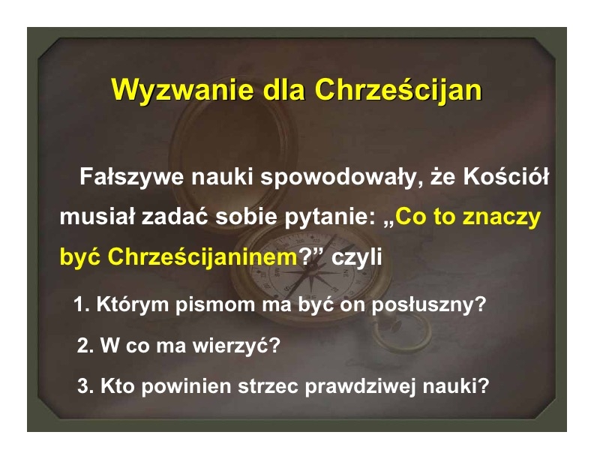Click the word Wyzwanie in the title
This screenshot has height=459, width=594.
(x=182, y=91)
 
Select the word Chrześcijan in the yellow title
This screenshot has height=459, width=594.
(x=398, y=91)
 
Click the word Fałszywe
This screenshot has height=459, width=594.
(x=132, y=176)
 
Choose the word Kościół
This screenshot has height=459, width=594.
(x=505, y=176)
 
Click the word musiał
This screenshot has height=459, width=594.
(x=97, y=217)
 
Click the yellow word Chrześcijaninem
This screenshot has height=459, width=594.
(x=202, y=257)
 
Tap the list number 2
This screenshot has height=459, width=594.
(x=85, y=345)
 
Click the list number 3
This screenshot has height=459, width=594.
(x=85, y=386)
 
